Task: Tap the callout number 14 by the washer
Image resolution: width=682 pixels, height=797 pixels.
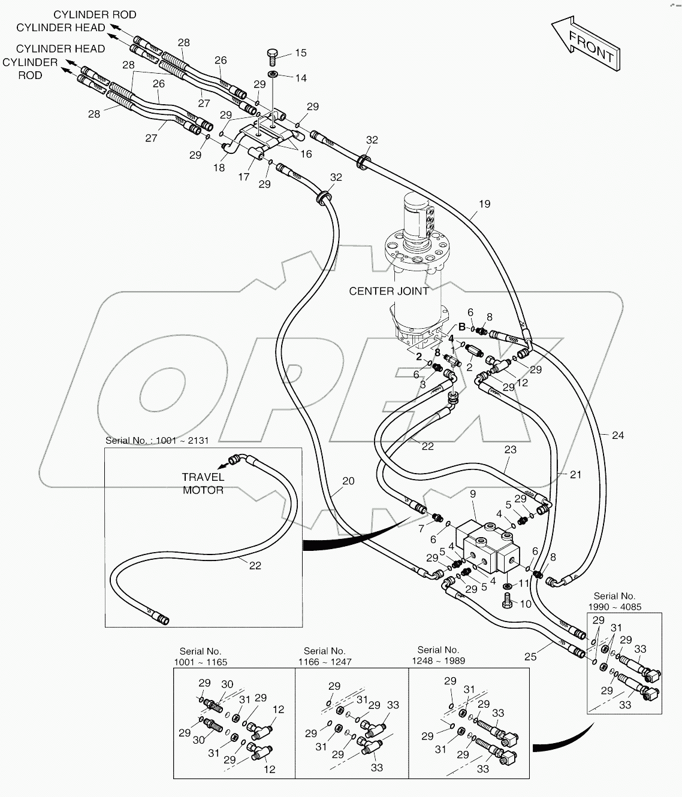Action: coord(300,78)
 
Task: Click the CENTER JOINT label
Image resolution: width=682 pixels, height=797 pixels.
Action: coord(389,291)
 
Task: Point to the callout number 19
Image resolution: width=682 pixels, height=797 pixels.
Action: coord(484,204)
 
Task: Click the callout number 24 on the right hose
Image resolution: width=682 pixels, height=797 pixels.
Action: coord(617,435)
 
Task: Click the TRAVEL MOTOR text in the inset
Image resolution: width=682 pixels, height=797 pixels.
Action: coord(203,483)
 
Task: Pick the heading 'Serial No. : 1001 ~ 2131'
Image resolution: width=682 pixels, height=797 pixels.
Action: coord(157,440)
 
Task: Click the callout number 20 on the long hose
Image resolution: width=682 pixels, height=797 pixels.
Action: coord(348,480)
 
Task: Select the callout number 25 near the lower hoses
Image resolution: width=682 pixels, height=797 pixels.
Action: coord(530,657)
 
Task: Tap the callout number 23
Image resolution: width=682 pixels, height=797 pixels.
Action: coord(510,450)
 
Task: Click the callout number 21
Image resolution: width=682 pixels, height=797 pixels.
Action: coord(575,475)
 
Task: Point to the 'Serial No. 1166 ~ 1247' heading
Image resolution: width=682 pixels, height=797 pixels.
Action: coord(324,656)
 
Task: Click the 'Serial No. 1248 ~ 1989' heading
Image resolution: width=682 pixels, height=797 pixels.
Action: coord(438,655)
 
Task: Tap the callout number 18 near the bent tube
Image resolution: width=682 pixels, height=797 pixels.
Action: coord(219,168)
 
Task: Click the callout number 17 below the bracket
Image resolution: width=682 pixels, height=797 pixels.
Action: coord(244,177)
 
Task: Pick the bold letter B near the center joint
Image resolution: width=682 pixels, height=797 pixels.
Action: coord(462,327)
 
